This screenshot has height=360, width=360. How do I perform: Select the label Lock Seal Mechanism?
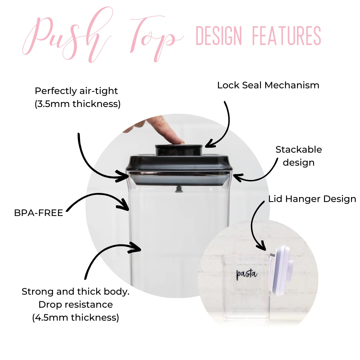[x=268, y=85]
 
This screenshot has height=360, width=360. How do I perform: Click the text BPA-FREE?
[x=38, y=213]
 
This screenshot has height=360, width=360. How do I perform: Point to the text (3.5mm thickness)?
[x=77, y=104]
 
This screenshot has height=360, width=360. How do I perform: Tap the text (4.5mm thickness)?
[x=76, y=317]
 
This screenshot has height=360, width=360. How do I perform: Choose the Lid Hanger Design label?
[x=312, y=199]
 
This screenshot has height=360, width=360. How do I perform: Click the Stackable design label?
[x=299, y=156]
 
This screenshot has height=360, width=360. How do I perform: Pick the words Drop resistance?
[x=76, y=304]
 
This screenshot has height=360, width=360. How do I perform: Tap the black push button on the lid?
[x=179, y=150]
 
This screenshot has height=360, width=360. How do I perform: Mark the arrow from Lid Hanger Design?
[x=255, y=227]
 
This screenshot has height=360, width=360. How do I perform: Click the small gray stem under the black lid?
[x=179, y=190]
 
